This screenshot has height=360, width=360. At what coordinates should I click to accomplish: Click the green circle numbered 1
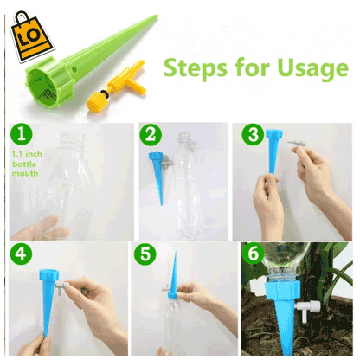coord(22,134)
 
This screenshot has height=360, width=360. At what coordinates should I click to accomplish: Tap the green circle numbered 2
coord(151,135)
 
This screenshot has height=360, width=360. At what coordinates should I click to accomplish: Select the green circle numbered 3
coord(253,134)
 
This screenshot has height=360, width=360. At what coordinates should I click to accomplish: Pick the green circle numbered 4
coord(21,254)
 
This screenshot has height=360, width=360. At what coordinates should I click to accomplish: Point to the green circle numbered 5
coord(145,254)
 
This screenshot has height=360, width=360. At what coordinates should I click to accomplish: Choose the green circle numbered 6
coord(253,254)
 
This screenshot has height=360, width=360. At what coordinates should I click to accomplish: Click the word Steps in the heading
coord(196,68)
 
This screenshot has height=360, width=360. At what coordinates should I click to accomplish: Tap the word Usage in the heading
coord(312,69)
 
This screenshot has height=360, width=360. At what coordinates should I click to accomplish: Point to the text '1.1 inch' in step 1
coord(27,154)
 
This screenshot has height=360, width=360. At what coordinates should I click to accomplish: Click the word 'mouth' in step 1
coord(25,173)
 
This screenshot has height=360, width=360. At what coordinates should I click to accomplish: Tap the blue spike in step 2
coord(157,173)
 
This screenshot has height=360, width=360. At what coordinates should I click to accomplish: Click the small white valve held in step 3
coord(295,144)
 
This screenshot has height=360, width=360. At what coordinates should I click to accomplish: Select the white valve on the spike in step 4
coord(61,286)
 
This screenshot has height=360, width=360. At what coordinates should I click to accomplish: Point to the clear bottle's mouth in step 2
coord(184,136)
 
